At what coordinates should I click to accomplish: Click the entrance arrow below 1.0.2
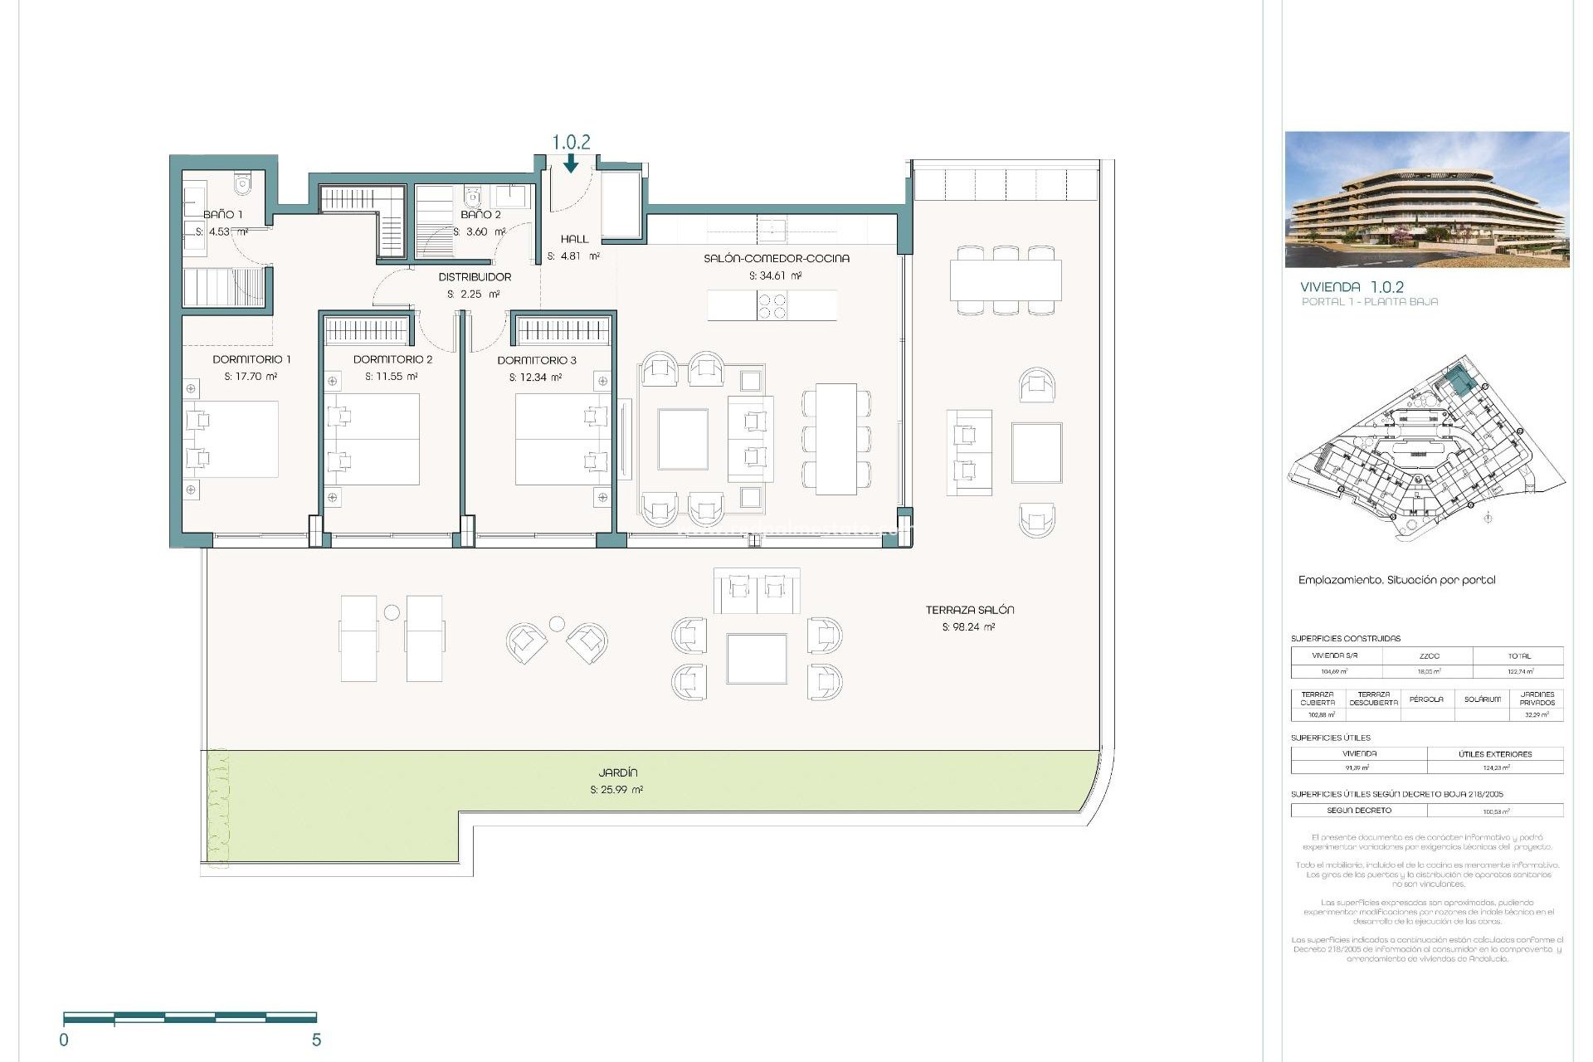coord(571,165)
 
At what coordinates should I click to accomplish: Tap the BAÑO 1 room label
coord(223,214)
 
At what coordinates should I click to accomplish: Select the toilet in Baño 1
coord(242,183)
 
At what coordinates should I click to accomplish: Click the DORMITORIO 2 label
coord(392,359)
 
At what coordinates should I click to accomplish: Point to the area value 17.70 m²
coord(251,377)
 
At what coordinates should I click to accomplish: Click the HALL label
coord(574,239)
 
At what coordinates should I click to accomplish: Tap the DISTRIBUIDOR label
coord(475,277)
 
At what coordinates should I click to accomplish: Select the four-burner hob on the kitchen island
coord(772,305)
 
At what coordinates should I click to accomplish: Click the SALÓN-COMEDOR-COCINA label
coord(777,258)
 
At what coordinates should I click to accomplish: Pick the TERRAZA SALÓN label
coord(969,610)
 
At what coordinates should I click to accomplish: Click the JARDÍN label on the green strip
coord(618,772)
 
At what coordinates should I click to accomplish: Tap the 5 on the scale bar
coord(316,1040)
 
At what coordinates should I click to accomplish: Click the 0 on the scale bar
coord(64,1040)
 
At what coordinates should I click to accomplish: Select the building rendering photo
coord(1427,199)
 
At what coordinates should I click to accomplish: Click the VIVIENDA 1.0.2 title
coord(1352,287)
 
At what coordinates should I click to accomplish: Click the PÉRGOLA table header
coord(1426,699)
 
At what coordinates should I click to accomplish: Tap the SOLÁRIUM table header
coord(1483,699)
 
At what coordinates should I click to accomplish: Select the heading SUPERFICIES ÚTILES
coord(1330,738)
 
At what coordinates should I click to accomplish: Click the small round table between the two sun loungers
coord(392,613)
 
